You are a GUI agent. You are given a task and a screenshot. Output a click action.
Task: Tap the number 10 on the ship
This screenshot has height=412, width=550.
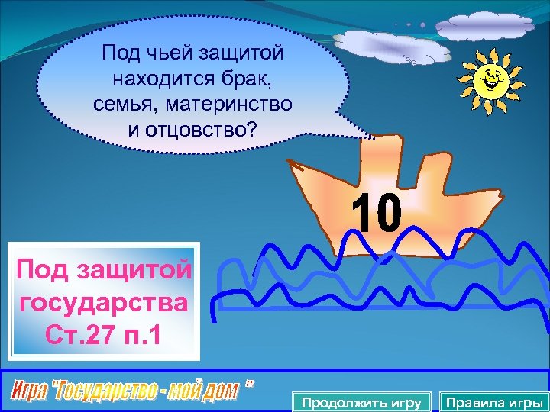pyautogui.click(x=377, y=213)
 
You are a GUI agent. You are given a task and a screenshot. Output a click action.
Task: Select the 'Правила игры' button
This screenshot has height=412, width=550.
pyautogui.click(x=494, y=402)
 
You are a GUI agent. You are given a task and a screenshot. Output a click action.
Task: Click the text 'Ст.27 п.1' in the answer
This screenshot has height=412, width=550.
pyautogui.click(x=104, y=334)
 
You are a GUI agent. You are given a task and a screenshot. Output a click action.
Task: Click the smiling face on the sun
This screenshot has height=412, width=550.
pyautogui.click(x=489, y=77)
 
